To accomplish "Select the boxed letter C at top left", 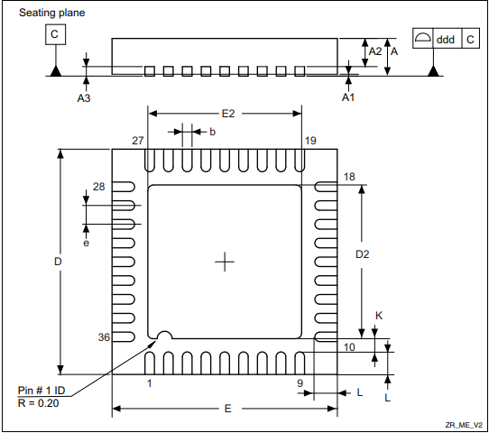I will pos(56,35).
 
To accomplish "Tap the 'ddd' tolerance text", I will pos(446,40).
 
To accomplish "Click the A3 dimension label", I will pos(84,97).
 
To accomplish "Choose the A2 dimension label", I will pos(374,51).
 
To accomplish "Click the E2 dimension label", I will pos(227,114).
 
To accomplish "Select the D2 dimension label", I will pos(362,255).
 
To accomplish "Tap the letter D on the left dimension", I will pos(57,261).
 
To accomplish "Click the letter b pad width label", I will pos(212,132).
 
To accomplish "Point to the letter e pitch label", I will pos(87,243).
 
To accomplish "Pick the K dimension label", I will pos(379,316).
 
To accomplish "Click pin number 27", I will pos(137,141).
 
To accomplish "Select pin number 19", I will pos(310,141).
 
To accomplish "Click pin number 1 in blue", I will pos(149,383).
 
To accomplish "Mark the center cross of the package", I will pos(225,262).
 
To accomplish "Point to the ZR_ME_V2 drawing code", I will pos(463,424).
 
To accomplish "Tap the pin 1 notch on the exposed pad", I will pos(164,336).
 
